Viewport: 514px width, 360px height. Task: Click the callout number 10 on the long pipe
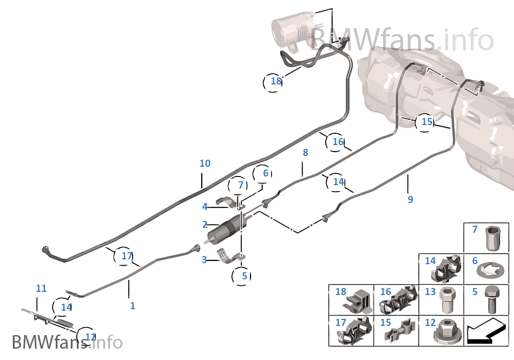pos(205,163)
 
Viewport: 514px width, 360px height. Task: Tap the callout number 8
pos(305,153)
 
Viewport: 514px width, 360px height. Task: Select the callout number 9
pos(410,200)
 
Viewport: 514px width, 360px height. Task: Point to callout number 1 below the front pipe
pos(133,306)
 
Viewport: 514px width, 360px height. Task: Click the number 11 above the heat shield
pos(41,289)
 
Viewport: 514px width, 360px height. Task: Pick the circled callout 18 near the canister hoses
pos(276,81)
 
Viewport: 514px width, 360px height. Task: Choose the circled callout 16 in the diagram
pos(338,142)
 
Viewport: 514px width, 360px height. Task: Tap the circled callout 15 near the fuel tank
pos(427,122)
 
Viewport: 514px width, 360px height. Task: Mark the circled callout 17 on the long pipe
pos(127,256)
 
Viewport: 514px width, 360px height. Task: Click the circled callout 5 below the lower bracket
pos(244,276)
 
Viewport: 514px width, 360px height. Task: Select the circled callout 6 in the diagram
pos(265,174)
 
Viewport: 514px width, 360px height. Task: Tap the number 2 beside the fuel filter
pos(205,225)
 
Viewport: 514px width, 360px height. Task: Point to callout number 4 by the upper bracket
pos(205,206)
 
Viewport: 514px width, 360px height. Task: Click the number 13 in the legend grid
pos(430,292)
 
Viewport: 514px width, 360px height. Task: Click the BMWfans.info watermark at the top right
pos(403,40)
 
